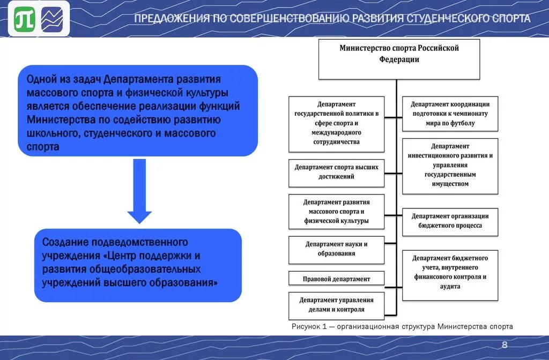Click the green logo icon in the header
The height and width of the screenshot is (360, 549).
pyautogui.click(x=25, y=20)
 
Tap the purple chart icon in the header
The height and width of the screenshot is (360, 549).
pyautogui.click(x=52, y=20)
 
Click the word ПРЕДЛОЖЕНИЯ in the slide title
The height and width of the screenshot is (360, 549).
pyautogui.click(x=171, y=19)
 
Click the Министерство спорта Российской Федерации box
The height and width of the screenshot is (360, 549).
pyautogui.click(x=399, y=59)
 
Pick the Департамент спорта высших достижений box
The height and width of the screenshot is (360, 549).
pyautogui.click(x=336, y=172)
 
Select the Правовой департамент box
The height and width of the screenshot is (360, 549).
pyautogui.click(x=336, y=279)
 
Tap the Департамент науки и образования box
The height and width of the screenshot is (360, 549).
pyautogui.click(x=336, y=249)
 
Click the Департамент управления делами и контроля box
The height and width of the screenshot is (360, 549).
pyautogui.click(x=336, y=305)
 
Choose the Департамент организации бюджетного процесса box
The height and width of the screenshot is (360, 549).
pyautogui.click(x=450, y=221)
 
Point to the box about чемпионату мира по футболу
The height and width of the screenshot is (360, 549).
pyautogui.click(x=450, y=114)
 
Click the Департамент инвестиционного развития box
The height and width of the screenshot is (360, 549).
pyautogui.click(x=450, y=165)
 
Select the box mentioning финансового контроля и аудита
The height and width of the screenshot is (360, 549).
pyautogui.click(x=450, y=272)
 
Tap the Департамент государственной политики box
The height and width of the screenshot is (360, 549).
pyautogui.click(x=336, y=123)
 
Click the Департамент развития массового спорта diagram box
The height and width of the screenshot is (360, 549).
pyautogui.click(x=336, y=211)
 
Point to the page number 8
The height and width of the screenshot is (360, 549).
pyautogui.click(x=504, y=344)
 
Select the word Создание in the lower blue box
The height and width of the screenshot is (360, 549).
pyautogui.click(x=65, y=242)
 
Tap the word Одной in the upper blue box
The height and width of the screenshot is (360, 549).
pyautogui.click(x=41, y=79)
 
